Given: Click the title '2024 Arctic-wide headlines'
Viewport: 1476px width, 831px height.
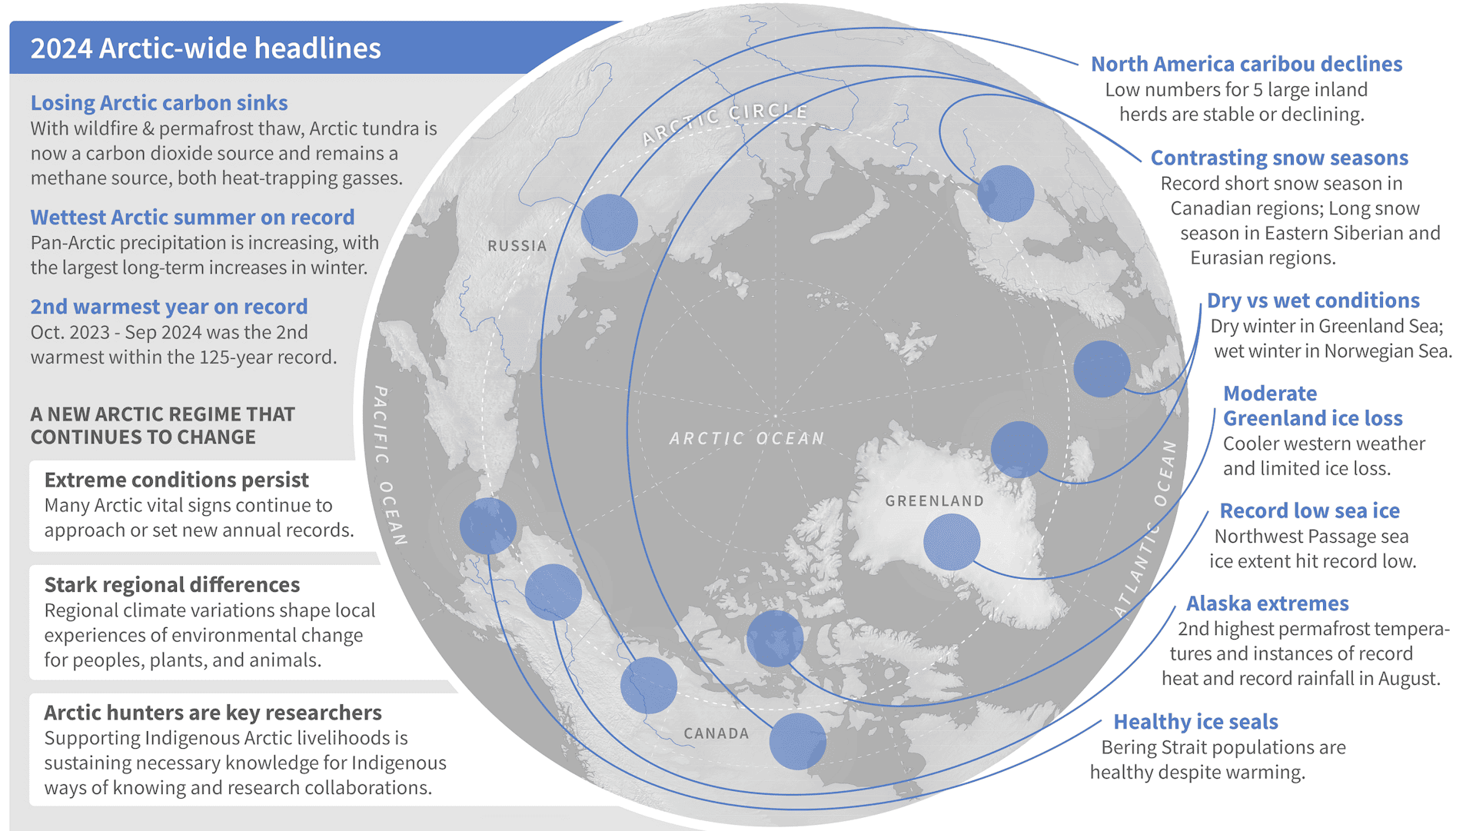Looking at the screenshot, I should pyautogui.click(x=205, y=48).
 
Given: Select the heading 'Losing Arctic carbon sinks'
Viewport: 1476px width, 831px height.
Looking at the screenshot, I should pyautogui.click(x=159, y=103).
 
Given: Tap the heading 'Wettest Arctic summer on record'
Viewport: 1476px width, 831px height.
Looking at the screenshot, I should pyautogui.click(x=192, y=218).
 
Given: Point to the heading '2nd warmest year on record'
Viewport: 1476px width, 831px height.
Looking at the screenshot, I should pyautogui.click(x=169, y=307).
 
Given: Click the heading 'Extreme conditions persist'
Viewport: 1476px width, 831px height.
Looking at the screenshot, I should pyautogui.click(x=176, y=480).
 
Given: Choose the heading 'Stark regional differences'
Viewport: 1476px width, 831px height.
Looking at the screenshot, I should pyautogui.click(x=171, y=585).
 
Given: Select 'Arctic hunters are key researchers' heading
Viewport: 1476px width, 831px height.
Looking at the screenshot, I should pyautogui.click(x=212, y=713).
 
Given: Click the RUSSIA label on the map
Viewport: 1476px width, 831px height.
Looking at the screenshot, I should pyautogui.click(x=517, y=246).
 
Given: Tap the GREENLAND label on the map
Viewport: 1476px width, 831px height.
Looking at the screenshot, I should pyautogui.click(x=934, y=501).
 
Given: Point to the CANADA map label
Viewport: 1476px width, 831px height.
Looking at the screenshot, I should pyautogui.click(x=716, y=733).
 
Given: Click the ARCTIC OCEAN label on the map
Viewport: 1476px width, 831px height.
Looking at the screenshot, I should pyautogui.click(x=746, y=438).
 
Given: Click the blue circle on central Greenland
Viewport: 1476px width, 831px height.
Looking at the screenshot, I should pyautogui.click(x=952, y=542).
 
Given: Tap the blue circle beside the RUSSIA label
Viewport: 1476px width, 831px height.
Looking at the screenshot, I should pyautogui.click(x=609, y=222).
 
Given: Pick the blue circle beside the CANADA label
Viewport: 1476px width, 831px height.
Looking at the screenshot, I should pyautogui.click(x=797, y=741).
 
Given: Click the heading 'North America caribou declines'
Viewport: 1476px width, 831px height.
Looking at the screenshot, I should pyautogui.click(x=1246, y=65).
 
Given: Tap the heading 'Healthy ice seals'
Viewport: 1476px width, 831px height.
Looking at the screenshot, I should pyautogui.click(x=1195, y=722).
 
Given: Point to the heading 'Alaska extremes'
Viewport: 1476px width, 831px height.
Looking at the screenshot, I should pyautogui.click(x=1267, y=603).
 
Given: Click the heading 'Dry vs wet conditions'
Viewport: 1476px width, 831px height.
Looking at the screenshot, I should pyautogui.click(x=1313, y=301).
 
